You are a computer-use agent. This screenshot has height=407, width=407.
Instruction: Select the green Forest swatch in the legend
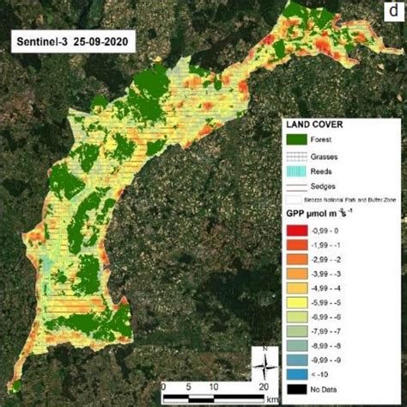[x=296, y=138]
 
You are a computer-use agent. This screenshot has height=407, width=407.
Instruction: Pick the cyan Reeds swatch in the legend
[x=296, y=172]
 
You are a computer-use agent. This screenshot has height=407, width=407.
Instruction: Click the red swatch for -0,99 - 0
[x=296, y=227]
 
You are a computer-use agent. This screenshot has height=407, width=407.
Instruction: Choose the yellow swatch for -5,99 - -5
[x=296, y=304]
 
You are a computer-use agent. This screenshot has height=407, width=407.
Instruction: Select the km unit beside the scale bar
[x=271, y=399]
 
